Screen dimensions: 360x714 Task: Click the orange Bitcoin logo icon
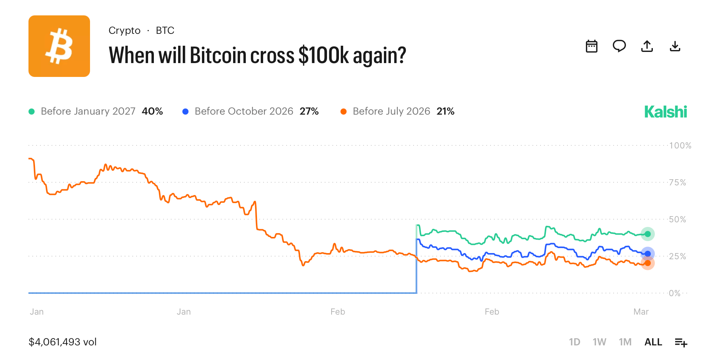pos(59,46)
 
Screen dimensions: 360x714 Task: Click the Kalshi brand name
pos(665,112)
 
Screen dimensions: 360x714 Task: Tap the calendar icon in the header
pos(591,46)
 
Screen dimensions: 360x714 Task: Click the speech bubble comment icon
pos(619,46)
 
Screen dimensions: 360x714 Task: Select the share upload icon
pos(647,46)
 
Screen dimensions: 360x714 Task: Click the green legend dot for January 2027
pos(32,112)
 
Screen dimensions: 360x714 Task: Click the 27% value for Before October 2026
pos(309,111)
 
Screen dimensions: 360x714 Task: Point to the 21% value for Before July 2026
pos(445,111)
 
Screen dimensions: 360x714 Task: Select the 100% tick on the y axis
pos(680,145)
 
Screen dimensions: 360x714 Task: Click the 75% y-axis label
pos(677,182)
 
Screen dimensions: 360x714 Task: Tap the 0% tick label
pos(674,293)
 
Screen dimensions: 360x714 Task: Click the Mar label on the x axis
pos(641,312)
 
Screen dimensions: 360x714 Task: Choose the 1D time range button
pos(574,342)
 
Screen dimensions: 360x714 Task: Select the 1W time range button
pos(599,342)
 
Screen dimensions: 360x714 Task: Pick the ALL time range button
pos(653,342)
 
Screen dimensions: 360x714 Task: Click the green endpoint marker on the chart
pos(647,234)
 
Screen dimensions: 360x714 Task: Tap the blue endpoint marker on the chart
pos(647,253)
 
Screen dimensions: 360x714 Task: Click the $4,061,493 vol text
pos(63,342)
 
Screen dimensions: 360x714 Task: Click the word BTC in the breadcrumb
pos(165,30)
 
